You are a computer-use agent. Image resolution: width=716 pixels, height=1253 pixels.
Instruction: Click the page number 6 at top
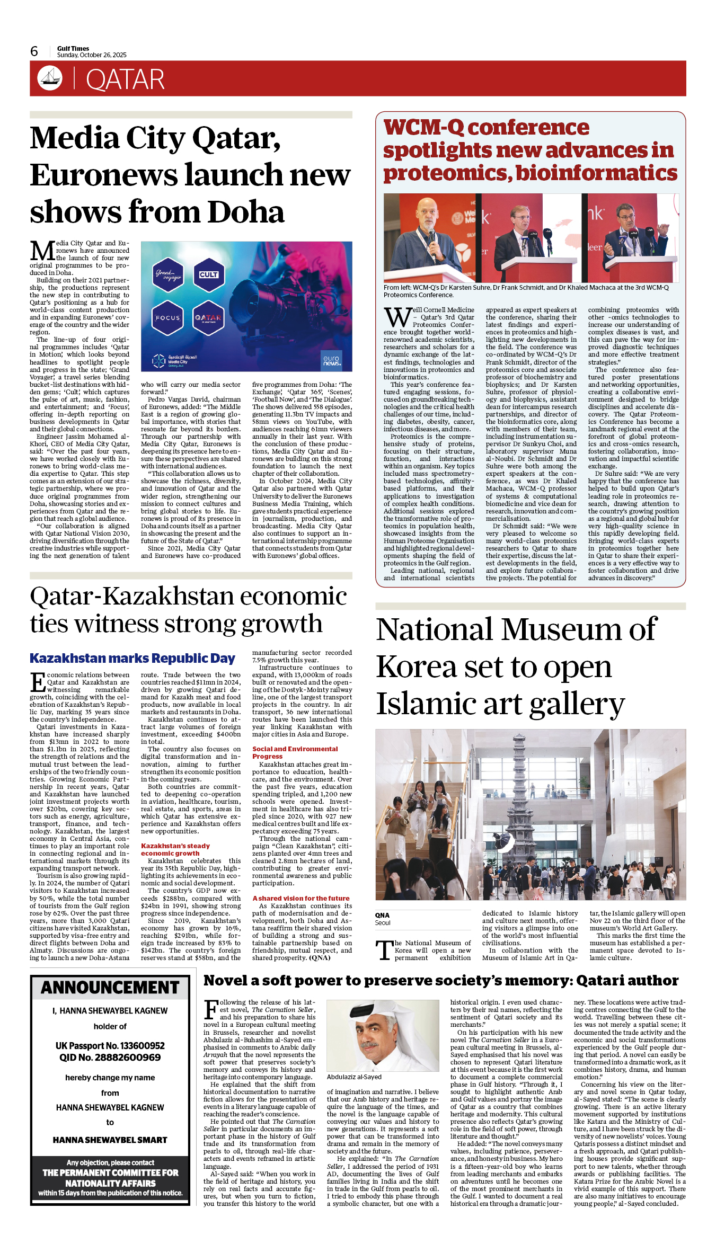[34, 51]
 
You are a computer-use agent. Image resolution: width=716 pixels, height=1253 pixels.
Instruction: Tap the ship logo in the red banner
[50, 78]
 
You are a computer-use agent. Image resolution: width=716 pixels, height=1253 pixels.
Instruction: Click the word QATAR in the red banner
[125, 80]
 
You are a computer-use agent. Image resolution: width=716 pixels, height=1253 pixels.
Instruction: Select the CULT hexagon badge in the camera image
[209, 274]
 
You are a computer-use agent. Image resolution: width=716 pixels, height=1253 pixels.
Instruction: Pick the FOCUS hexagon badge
[167, 318]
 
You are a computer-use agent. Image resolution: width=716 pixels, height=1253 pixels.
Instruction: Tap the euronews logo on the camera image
[332, 360]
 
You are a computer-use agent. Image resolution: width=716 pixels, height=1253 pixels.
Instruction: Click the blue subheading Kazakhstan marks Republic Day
[132, 658]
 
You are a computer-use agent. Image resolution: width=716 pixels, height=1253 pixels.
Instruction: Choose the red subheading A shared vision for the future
[301, 898]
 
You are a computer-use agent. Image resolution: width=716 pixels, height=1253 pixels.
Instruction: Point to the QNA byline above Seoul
[382, 915]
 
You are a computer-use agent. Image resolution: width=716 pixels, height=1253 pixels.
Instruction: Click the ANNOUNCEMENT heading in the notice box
[110, 988]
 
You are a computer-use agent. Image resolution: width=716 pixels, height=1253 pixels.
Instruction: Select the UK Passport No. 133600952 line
[110, 1046]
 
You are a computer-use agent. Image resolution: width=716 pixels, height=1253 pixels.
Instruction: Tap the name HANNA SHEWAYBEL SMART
[110, 1140]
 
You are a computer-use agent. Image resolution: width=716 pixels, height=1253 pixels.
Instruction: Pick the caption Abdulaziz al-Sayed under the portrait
[354, 1077]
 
